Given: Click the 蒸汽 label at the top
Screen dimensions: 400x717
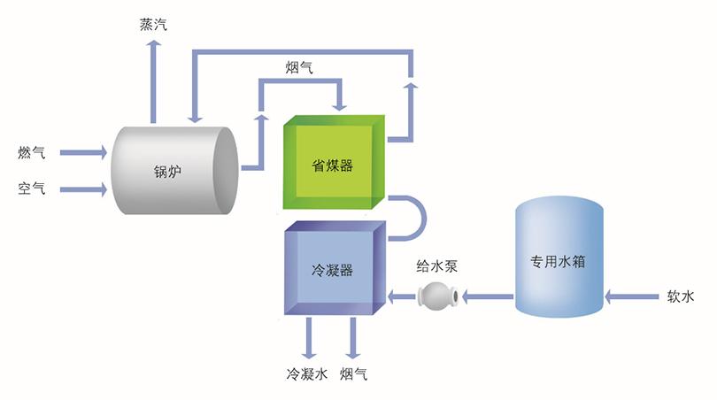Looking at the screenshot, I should pos(153,24).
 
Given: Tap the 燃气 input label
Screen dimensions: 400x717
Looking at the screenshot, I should pos(31,152).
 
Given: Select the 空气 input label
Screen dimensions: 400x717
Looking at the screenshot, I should pos(31,188).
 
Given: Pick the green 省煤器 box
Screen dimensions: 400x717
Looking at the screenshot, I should pos(333,165).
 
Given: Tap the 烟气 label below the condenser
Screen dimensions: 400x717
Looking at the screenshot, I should pos(353,374).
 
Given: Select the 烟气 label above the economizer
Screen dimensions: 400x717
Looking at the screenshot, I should pos(298,67).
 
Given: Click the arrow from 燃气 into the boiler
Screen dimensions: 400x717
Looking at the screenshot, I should pos(83,153).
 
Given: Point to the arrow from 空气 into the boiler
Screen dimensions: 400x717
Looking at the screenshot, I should pos(83,188).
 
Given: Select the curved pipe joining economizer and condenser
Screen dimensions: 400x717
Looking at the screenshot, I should pos(412,218).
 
